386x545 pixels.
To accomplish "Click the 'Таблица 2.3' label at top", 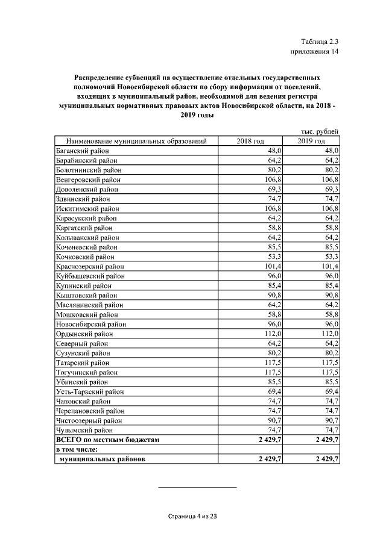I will click(x=320, y=42).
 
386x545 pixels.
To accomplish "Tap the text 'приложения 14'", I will click(x=315, y=52).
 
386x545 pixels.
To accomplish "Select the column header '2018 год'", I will click(x=250, y=141).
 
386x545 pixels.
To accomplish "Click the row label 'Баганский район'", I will click(x=82, y=151).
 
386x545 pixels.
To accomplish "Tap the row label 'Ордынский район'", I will click(x=82, y=334).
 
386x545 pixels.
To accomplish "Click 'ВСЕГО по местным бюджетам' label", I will click(x=107, y=440).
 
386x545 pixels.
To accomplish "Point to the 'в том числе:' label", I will click(x=78, y=449).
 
